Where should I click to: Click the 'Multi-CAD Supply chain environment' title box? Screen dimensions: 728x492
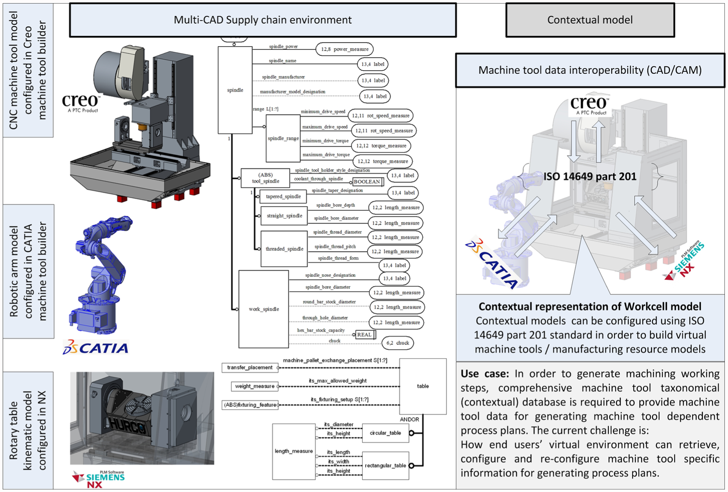click(262, 20)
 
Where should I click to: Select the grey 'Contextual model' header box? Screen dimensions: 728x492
click(590, 20)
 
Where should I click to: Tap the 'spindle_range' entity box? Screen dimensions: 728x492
click(283, 138)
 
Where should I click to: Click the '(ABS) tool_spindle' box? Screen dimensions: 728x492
click(265, 178)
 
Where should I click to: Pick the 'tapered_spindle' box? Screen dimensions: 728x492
click(283, 197)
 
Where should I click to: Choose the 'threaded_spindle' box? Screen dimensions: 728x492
click(284, 249)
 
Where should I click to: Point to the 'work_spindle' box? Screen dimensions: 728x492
click(264, 309)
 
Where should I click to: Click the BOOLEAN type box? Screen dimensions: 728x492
click(368, 182)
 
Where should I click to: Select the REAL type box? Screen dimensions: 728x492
click(365, 335)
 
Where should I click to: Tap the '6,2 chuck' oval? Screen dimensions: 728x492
click(398, 343)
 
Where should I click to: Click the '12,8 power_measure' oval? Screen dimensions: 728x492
click(345, 49)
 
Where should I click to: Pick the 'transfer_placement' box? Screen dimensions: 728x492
click(250, 368)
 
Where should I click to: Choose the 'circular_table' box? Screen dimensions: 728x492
click(385, 433)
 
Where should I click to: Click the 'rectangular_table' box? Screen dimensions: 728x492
click(385, 466)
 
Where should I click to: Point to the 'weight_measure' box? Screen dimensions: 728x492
click(255, 386)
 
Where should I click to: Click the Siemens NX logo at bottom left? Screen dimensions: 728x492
click(98, 479)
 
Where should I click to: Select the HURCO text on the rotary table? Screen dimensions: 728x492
click(125, 424)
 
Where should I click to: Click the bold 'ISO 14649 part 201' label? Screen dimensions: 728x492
click(590, 176)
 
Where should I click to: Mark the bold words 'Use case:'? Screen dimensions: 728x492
click(485, 374)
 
